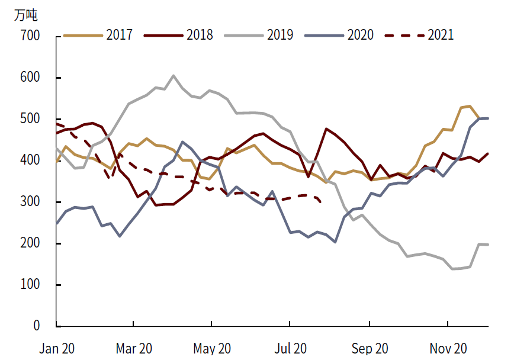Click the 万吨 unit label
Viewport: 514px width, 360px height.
tap(25, 15)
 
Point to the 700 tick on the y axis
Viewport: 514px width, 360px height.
tap(31, 36)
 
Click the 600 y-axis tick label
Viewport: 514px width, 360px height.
tap(31, 78)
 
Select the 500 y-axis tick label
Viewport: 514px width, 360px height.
tap(31, 119)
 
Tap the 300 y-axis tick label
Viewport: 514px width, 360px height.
tap(31, 202)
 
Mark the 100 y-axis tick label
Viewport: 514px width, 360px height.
tap(31, 285)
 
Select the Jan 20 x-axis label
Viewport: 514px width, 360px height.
tap(57, 349)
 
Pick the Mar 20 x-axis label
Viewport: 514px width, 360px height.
tap(134, 349)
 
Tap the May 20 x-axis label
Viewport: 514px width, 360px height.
tap(213, 349)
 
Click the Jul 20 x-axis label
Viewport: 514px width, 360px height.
tap(291, 349)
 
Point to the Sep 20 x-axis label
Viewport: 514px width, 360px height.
tap(370, 349)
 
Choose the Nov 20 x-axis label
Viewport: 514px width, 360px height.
tap(448, 349)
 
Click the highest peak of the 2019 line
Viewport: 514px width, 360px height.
tap(173, 75)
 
